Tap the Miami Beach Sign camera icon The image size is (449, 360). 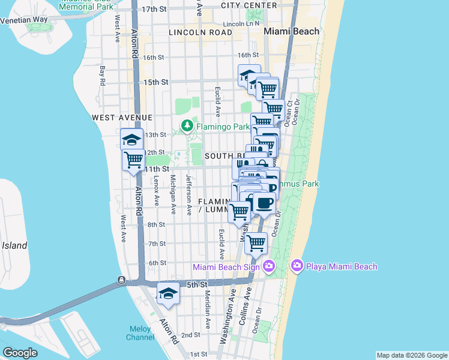point(268,266)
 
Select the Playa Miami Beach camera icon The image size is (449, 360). point(297,266)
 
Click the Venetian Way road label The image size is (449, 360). point(24,19)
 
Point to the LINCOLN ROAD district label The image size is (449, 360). point(200,32)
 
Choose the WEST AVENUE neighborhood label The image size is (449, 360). point(122,118)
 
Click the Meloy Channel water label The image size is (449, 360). point(140,333)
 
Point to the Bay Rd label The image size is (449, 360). point(103,75)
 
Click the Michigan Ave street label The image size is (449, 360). point(173,194)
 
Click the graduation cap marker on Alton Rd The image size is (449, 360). point(132,140)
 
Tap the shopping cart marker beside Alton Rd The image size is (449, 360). point(134,160)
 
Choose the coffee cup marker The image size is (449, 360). point(264,203)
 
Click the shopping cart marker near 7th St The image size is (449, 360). point(256,243)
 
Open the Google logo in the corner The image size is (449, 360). point(20,353)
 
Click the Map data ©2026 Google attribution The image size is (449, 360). point(411,355)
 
